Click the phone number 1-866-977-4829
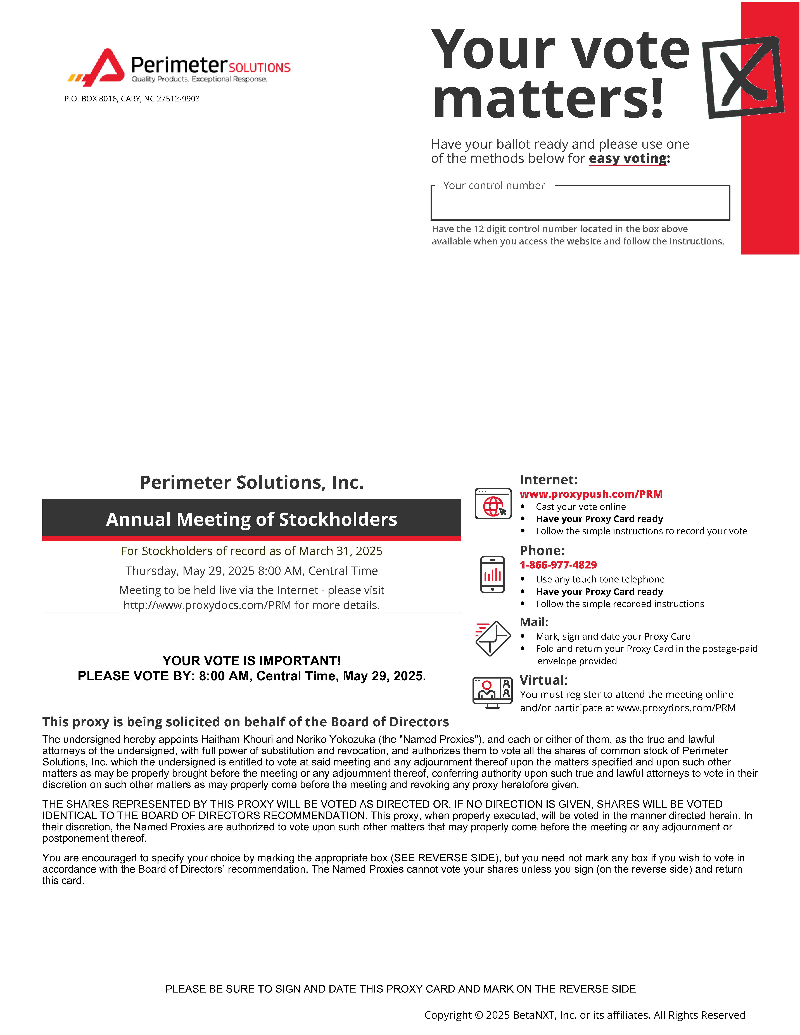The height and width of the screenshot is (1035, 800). tap(558, 565)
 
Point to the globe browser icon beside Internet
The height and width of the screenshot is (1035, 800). tap(493, 504)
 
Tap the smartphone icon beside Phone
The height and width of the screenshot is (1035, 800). tap(492, 574)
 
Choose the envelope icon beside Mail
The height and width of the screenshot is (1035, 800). tap(493, 638)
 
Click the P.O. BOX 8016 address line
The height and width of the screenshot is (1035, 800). tap(132, 99)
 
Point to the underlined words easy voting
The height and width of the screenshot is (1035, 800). tap(628, 158)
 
